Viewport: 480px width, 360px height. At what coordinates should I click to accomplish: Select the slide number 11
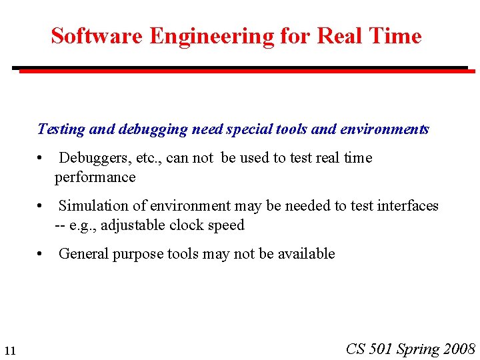coord(9,351)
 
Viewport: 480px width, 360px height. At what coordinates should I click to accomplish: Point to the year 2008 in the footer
coord(459,349)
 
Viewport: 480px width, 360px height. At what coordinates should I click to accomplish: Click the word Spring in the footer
coord(418,349)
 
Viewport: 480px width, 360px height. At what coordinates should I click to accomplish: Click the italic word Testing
coord(61,129)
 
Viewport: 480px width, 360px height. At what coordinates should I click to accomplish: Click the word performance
coord(95,177)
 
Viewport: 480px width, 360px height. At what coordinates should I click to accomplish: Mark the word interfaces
coord(407,206)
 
